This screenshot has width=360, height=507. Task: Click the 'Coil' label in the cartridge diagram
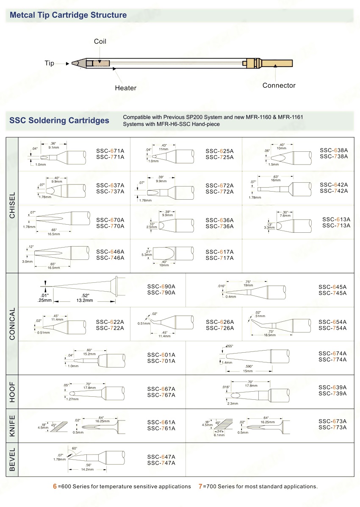click(100, 42)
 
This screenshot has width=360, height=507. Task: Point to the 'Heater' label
click(126, 88)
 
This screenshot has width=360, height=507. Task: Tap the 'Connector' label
click(279, 85)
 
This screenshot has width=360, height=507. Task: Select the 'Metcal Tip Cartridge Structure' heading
click(68, 15)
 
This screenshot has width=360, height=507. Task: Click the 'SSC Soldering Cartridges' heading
click(59, 120)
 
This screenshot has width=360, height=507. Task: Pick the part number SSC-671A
click(110, 151)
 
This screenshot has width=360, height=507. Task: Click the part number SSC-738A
click(334, 156)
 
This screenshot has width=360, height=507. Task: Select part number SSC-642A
click(334, 185)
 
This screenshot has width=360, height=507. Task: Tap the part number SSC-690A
click(161, 287)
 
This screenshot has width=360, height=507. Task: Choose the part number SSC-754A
click(332, 328)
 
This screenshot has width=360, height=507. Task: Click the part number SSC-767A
click(161, 395)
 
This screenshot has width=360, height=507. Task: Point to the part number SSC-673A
click(332, 421)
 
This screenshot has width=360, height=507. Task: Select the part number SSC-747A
click(161, 463)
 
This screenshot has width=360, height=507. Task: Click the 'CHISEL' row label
click(12, 206)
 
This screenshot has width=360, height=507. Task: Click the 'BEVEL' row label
click(12, 460)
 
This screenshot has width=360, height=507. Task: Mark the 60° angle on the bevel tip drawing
click(75, 448)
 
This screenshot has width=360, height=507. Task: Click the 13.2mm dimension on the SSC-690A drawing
click(84, 300)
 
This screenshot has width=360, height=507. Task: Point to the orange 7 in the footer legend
click(200, 486)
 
